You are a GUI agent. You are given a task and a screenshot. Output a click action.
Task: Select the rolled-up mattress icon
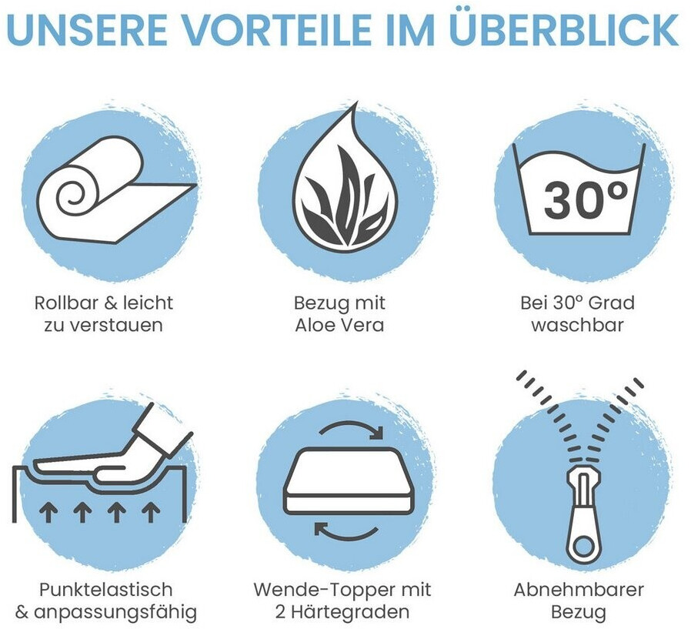pyautogui.click(x=117, y=189)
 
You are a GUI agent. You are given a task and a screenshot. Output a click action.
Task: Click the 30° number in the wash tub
pyautogui.click(x=586, y=200)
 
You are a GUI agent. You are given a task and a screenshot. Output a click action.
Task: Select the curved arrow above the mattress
pyautogui.click(x=351, y=430)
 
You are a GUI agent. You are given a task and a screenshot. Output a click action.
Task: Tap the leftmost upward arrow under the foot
pyautogui.click(x=48, y=513)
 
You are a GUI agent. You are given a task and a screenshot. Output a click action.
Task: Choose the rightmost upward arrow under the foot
pyautogui.click(x=151, y=513)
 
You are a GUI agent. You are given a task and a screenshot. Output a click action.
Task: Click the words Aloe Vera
pyautogui.click(x=340, y=326)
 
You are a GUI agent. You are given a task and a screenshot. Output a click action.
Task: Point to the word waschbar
pyautogui.click(x=578, y=326)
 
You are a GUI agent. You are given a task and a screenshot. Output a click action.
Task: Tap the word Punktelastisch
pyautogui.click(x=105, y=591)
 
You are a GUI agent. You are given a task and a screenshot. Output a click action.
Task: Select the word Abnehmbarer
pyautogui.click(x=579, y=590)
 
